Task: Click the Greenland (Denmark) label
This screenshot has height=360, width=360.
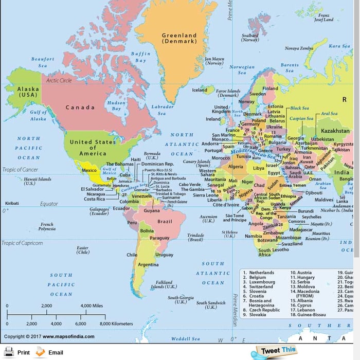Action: [179, 38]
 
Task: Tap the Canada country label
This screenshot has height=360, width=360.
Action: [80, 107]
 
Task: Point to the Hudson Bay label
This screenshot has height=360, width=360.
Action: [116, 105]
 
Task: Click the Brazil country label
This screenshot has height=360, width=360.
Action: [165, 221]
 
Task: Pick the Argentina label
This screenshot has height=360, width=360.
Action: [148, 264]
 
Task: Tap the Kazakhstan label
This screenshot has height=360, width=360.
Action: [335, 131]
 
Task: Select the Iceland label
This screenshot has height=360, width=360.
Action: [200, 90]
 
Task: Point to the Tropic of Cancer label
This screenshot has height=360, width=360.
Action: [21, 169]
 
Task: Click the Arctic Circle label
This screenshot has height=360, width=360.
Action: [59, 81]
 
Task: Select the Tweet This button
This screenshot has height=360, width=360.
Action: [278, 351]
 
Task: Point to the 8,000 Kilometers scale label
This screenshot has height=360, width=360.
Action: [116, 324]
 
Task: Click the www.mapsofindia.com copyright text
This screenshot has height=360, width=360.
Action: [68, 337]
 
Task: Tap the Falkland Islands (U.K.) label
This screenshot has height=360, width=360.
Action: [164, 284]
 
